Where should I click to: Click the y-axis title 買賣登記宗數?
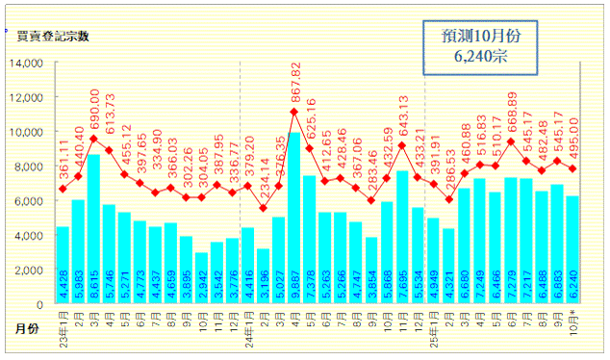tap(52, 38)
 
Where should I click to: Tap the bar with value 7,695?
tap(402, 239)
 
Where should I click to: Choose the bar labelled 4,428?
tap(63, 266)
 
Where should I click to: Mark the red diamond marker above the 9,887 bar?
tap(293, 113)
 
